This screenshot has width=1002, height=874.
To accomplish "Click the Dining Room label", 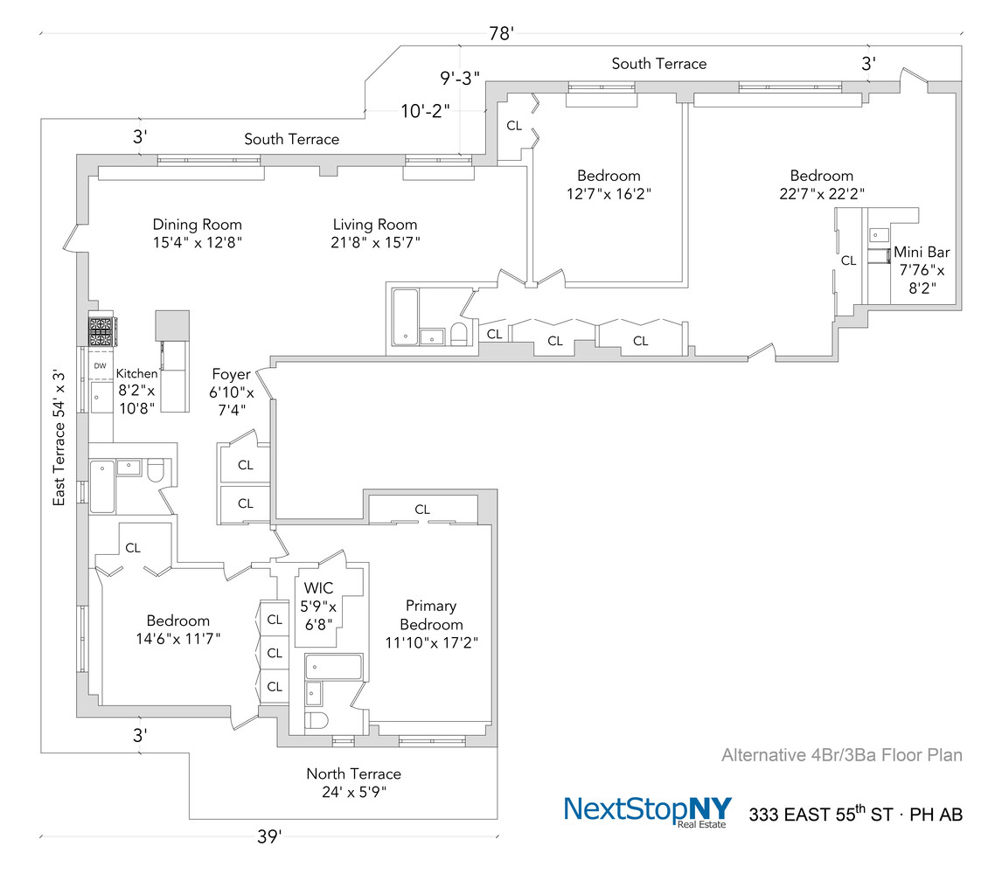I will click(x=197, y=225).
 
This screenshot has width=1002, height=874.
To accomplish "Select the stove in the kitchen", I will click(x=101, y=332).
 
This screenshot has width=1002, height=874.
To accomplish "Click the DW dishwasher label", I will click(x=100, y=366).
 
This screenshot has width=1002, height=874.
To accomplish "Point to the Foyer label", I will click(x=231, y=375).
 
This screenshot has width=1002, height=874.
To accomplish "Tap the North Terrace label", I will click(x=353, y=773).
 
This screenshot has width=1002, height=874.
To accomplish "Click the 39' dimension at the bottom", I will click(x=269, y=837).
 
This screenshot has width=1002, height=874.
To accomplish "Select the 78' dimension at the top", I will click(x=500, y=34).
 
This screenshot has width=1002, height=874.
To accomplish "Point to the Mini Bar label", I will click(x=921, y=253).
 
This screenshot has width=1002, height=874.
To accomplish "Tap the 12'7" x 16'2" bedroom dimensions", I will click(x=609, y=194).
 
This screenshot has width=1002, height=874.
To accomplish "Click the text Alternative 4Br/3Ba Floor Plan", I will click(x=841, y=755).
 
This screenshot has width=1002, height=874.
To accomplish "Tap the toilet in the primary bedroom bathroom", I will click(x=317, y=720).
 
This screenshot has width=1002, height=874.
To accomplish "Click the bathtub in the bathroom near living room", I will click(x=405, y=316).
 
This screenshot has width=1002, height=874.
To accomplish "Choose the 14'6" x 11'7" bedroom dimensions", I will click(x=177, y=638).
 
